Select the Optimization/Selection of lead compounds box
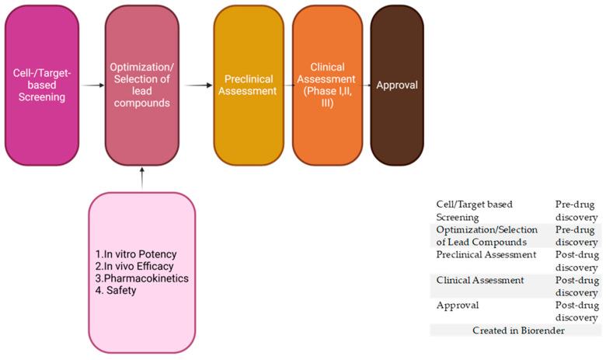pos(142,86)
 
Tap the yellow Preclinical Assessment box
pos(249,86)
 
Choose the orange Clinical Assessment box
pos(327,86)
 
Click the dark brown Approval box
pos(397,86)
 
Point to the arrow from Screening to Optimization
pos(92,86)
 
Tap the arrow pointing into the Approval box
pos(366,86)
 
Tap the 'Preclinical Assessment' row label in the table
pos(486,254)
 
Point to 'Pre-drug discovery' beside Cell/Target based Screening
pos(576,211)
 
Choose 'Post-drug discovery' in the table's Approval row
pos(576,311)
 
